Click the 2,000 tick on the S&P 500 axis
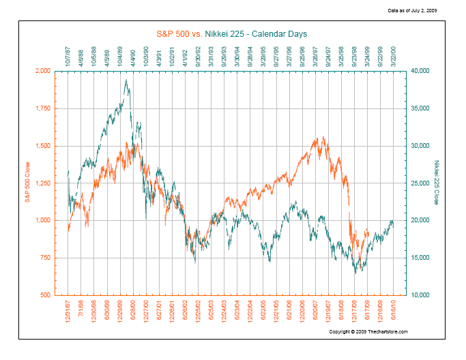tap(42, 71)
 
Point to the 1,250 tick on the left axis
tap(42, 183)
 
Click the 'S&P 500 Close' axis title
tap(28, 182)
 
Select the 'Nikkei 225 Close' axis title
tap(437, 182)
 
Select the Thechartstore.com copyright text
tap(368, 332)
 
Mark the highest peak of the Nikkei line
tap(126, 80)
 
